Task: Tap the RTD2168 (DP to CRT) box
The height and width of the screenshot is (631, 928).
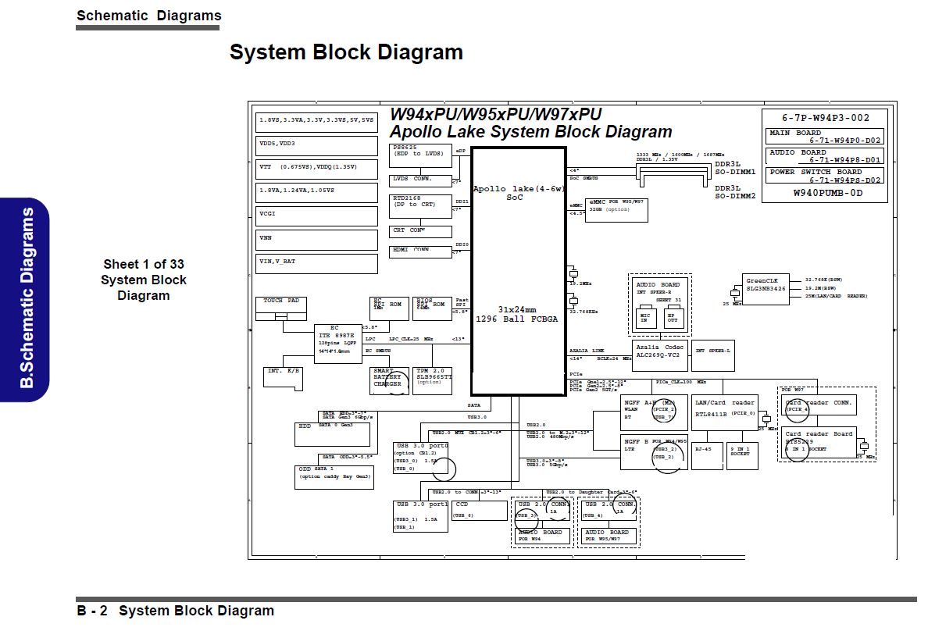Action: pyautogui.click(x=420, y=206)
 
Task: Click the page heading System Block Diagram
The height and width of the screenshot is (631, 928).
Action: pyautogui.click(x=346, y=52)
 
